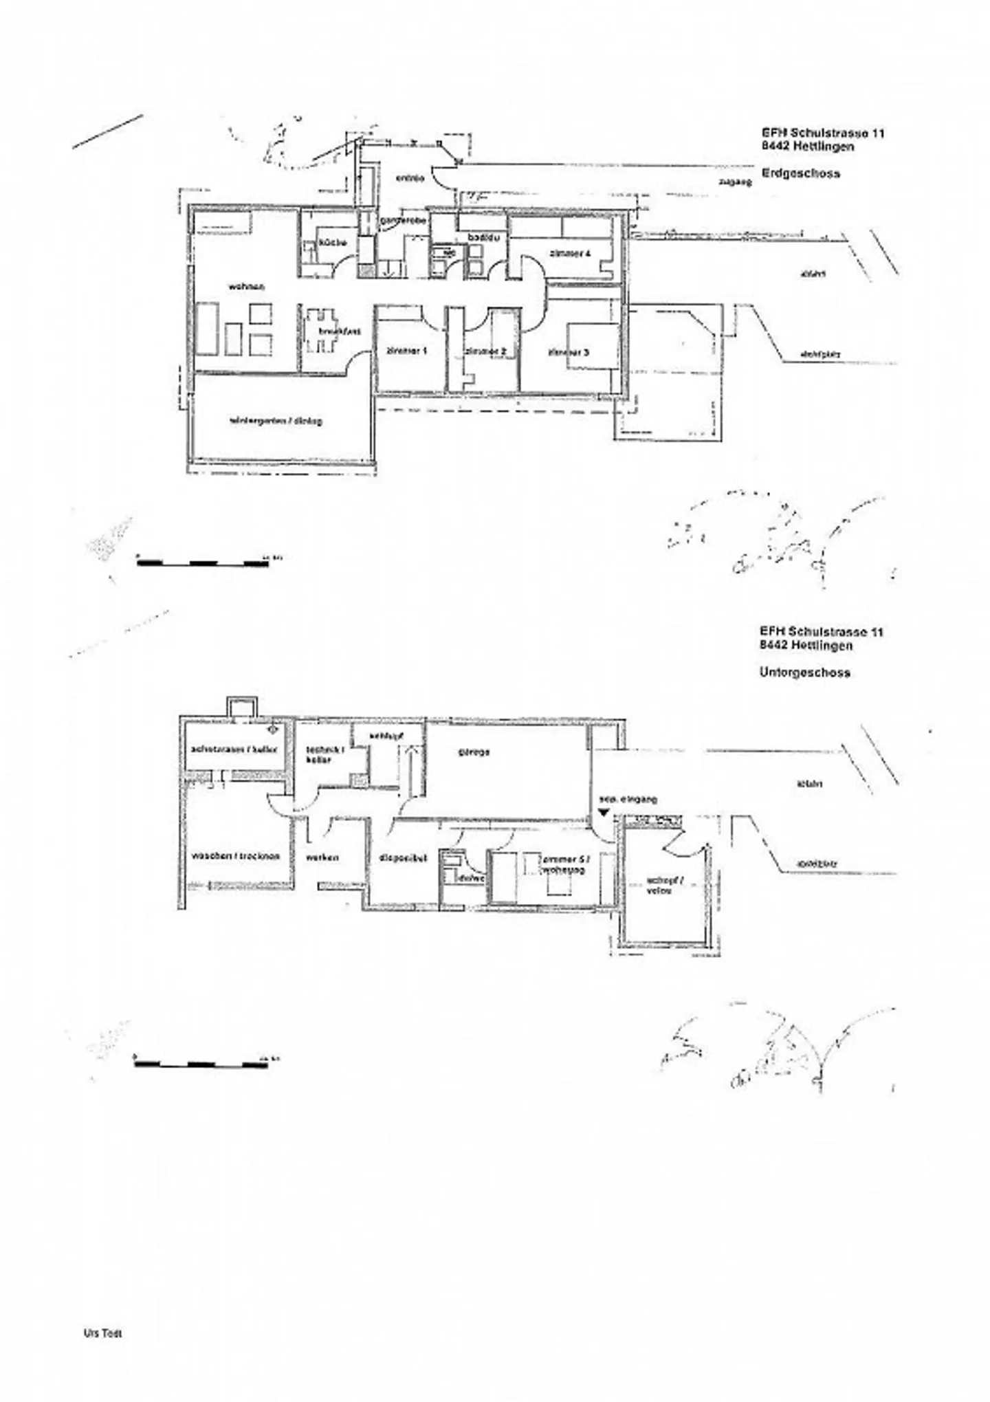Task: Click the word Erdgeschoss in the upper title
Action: [x=800, y=173]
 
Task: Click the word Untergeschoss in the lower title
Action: [x=804, y=672]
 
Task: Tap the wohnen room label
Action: [x=247, y=286]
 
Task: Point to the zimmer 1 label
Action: [x=407, y=351]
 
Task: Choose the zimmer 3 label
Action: [x=569, y=353]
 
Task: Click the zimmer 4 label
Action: [x=570, y=253]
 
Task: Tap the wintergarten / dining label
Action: [x=276, y=421]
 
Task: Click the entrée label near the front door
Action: [x=410, y=179]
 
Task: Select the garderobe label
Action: [x=403, y=220]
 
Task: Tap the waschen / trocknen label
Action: [x=236, y=856]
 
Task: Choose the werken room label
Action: [x=322, y=857]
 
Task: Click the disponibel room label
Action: [x=404, y=858]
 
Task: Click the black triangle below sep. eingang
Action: [x=603, y=812]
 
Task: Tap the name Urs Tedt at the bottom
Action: [x=102, y=1333]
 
